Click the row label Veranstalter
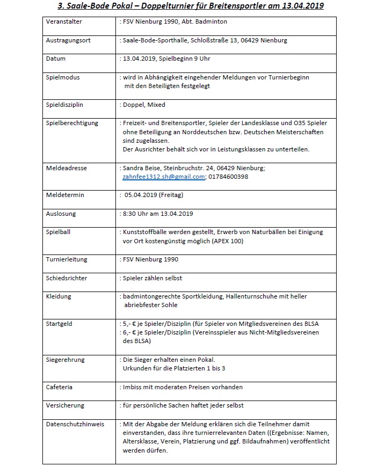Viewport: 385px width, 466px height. click(64, 22)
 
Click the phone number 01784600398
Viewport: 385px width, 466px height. click(228, 176)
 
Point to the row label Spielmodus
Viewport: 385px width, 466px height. click(63, 77)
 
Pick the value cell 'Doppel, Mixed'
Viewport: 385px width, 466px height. click(144, 105)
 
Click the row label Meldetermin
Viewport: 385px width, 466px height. click(65, 195)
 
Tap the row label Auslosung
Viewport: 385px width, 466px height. click(61, 214)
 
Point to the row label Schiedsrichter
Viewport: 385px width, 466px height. click(67, 278)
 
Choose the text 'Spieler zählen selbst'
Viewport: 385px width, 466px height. click(152, 278)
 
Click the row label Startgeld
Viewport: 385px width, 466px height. click(59, 324)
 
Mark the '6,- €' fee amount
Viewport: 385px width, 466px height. click(130, 332)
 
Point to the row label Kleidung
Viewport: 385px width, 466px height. click(59, 296)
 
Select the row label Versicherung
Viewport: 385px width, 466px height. click(65, 405)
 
